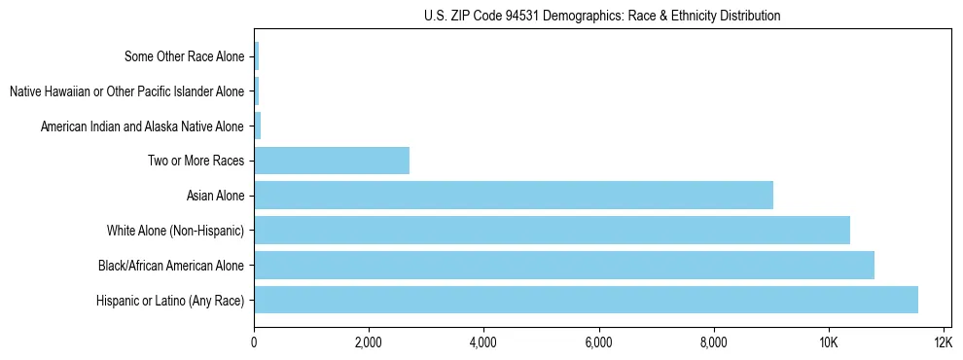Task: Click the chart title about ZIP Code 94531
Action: coord(602,16)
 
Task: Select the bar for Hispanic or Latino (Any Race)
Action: coord(586,300)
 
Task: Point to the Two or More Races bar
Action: coord(332,160)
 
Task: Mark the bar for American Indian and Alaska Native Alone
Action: coord(258,126)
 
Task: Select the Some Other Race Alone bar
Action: coord(257,55)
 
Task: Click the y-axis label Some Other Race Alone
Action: coord(185,56)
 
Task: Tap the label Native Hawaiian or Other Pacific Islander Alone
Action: coord(126,91)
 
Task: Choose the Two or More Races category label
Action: coord(196,161)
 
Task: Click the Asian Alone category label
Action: coord(215,196)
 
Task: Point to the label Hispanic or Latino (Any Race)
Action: coord(170,301)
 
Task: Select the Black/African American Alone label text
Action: coord(171,266)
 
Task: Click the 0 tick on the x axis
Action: coord(254,342)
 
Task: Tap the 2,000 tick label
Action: coord(369,342)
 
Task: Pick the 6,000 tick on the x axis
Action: coord(598,342)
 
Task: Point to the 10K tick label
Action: coord(828,342)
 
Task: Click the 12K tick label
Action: coord(943,342)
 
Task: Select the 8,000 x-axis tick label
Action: coord(713,342)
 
